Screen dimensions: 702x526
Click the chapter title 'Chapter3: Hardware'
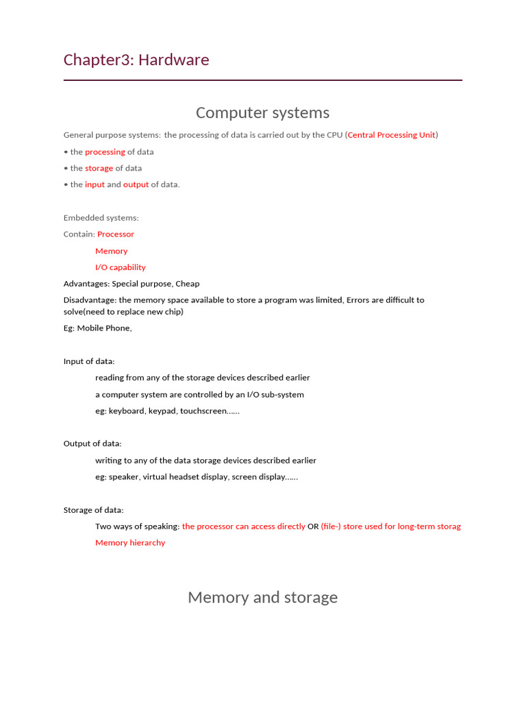(x=136, y=60)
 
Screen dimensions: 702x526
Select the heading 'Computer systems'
(x=262, y=113)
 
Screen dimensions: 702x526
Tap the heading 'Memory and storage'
(x=262, y=597)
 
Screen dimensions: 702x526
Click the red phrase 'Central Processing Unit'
(x=391, y=135)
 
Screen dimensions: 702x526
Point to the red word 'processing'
(x=105, y=152)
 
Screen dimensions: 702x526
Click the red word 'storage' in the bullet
(x=99, y=168)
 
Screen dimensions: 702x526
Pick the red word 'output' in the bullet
(x=136, y=184)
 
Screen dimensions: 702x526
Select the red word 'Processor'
(x=116, y=234)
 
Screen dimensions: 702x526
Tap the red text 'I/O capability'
(x=121, y=267)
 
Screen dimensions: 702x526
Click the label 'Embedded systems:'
(x=101, y=218)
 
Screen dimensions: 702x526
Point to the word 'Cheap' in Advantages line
(x=187, y=284)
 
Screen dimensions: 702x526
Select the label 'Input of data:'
(x=89, y=361)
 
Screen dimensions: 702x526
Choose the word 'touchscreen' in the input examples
(x=203, y=411)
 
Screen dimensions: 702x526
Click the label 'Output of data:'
(x=92, y=444)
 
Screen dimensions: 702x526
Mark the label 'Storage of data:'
(x=94, y=510)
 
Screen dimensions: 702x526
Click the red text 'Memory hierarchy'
(x=130, y=543)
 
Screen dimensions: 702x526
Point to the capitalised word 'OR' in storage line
(x=313, y=526)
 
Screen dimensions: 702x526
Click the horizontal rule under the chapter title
(x=262, y=80)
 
